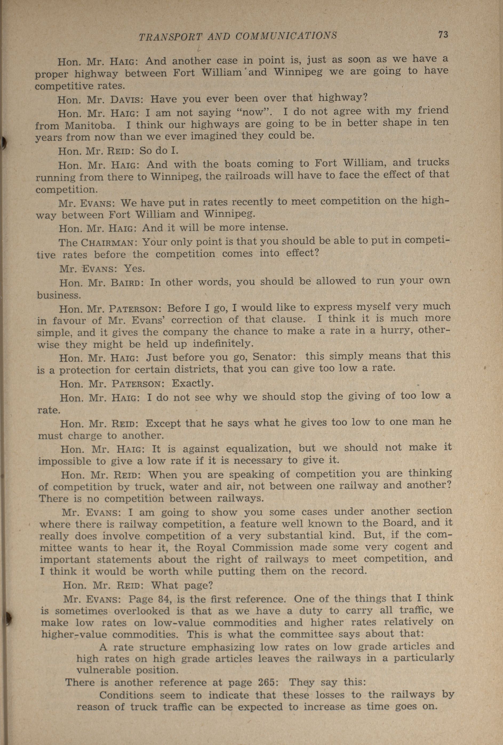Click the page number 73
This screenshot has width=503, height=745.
click(x=443, y=35)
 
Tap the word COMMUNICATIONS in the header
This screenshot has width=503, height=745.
click(x=286, y=35)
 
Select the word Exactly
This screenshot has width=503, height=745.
click(x=192, y=383)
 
